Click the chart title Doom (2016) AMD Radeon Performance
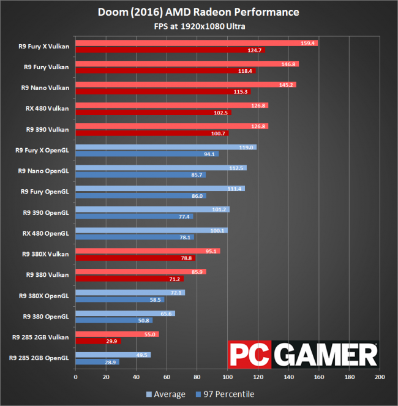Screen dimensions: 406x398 click(199, 12)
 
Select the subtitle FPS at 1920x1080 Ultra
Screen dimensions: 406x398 click(199, 26)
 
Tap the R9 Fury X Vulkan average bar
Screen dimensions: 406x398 click(196, 43)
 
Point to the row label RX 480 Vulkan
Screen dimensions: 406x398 click(47, 108)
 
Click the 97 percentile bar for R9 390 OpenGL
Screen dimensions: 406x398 click(134, 217)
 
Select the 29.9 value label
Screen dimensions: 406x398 click(113, 341)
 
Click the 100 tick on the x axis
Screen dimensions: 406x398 click(227, 377)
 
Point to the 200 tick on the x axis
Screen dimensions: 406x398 click(380, 377)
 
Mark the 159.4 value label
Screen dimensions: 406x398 click(309, 43)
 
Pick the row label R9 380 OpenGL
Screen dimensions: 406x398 click(46, 316)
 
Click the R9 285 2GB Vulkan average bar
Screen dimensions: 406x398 click(117, 334)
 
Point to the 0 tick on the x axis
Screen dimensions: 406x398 click(75, 377)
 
